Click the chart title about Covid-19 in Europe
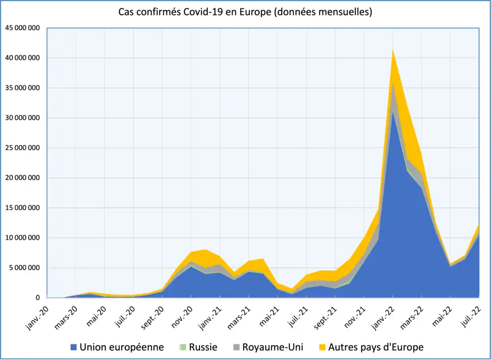point(245,12)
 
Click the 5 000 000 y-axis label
point(24,267)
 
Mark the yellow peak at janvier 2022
point(393,50)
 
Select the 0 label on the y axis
point(37,298)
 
